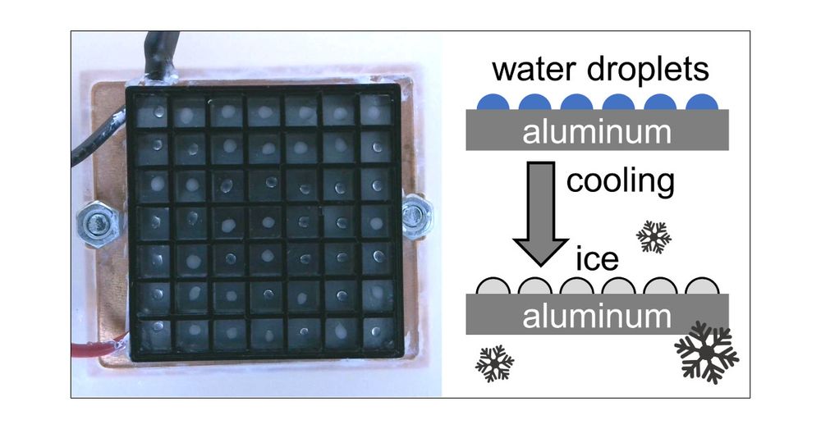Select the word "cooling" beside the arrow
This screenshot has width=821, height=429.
coord(621,181)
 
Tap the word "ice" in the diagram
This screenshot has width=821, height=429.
coord(597,259)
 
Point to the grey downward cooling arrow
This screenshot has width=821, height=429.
coord(540,213)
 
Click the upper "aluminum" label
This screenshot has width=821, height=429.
coord(597,132)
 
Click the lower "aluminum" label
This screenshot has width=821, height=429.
coord(597,316)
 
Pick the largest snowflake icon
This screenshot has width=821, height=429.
coord(706,352)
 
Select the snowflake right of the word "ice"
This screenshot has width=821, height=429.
coord(654,236)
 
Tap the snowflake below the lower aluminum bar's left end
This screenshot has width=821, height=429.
coord(494,363)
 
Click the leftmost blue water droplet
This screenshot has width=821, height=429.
coord(493,102)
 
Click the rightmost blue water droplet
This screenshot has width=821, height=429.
coord(702,102)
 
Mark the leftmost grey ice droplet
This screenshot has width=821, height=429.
coord(493,286)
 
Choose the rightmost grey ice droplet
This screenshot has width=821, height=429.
coord(702,286)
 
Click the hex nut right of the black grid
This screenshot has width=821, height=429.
coord(416,216)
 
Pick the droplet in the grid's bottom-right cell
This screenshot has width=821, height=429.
coord(376,331)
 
